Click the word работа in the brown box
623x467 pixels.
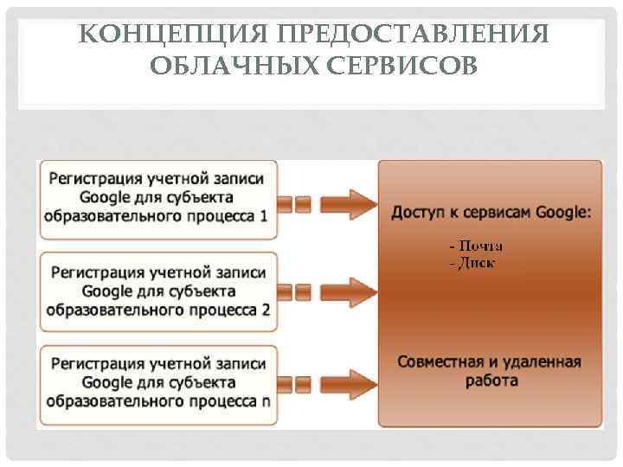490,380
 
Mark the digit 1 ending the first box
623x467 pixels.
263,215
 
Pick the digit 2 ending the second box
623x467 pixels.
265,310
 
